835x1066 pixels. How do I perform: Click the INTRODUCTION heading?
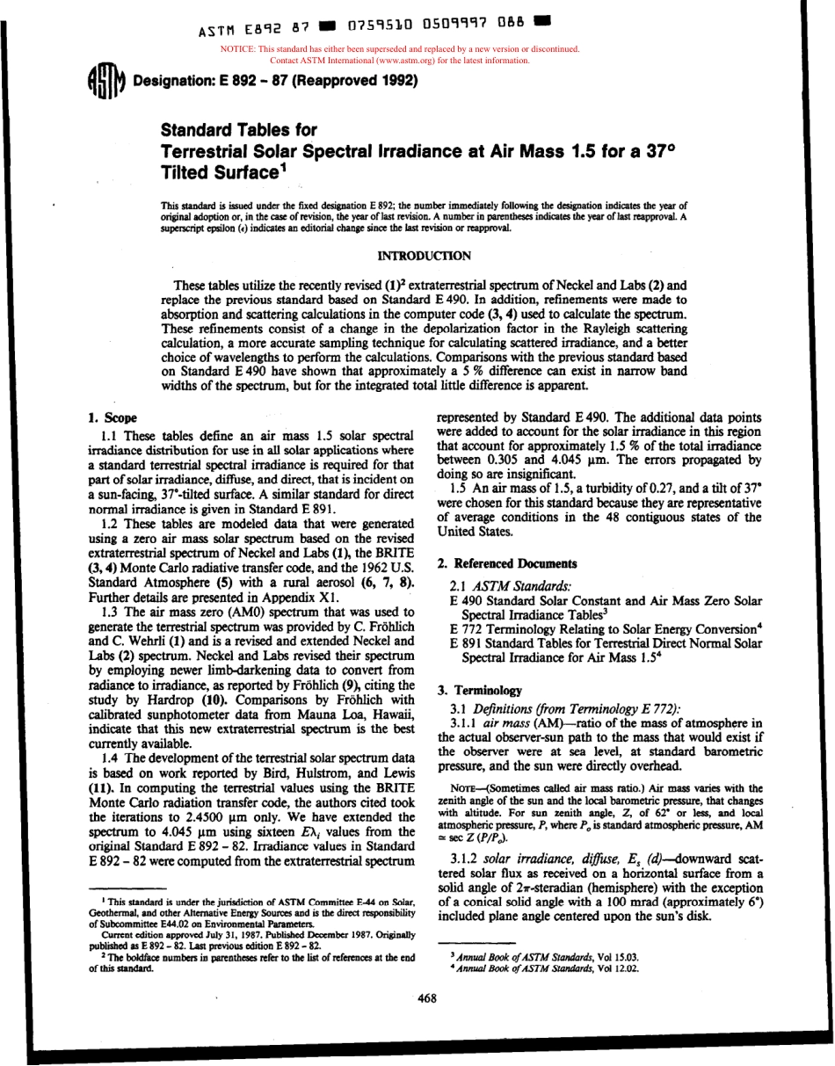point(423,256)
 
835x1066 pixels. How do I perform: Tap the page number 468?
point(426,997)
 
